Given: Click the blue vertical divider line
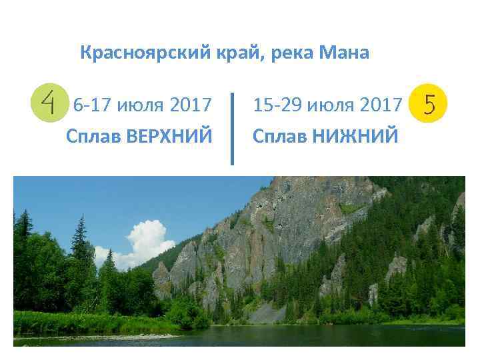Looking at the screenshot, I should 232,128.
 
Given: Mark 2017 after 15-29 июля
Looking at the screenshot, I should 381,105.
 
